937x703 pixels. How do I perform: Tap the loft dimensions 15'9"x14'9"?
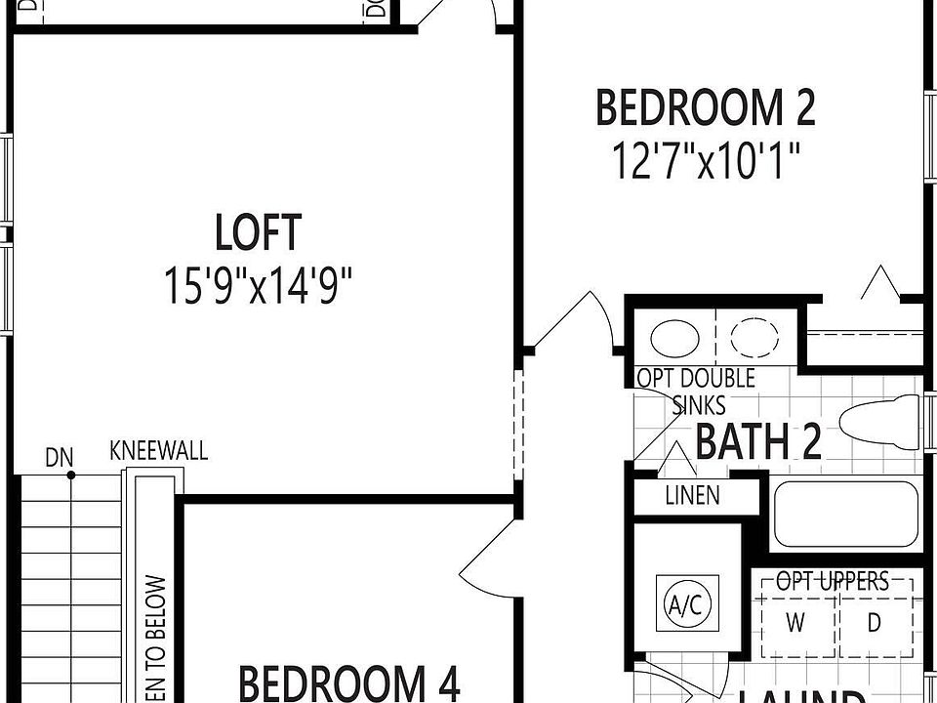[x=259, y=287]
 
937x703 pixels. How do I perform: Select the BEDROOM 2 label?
[x=705, y=107]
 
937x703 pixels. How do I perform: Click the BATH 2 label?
[x=757, y=442]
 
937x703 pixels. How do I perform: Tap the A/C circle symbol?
[x=683, y=604]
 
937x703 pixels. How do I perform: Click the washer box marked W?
[x=795, y=622]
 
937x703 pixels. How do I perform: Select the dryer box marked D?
[x=875, y=622]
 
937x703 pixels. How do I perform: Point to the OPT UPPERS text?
[x=833, y=583]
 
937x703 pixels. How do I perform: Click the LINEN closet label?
[x=692, y=495]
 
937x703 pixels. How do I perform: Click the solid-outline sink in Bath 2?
[x=674, y=339]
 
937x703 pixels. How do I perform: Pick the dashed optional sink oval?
[x=757, y=339]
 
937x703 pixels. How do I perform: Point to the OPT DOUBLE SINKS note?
[x=696, y=391]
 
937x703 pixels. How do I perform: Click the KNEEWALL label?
[x=158, y=451]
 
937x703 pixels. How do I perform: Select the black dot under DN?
[x=71, y=476]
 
